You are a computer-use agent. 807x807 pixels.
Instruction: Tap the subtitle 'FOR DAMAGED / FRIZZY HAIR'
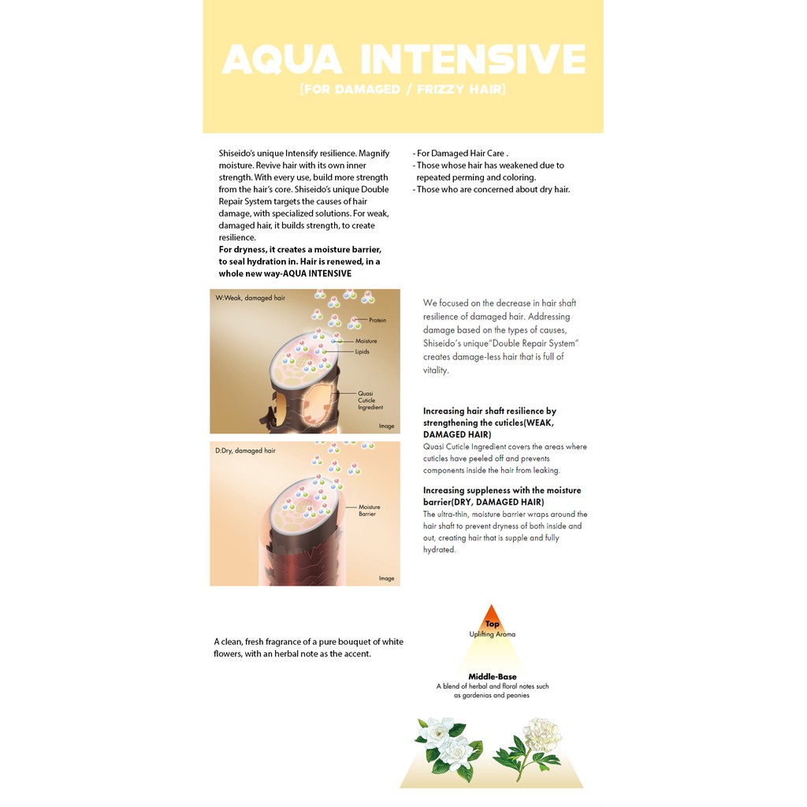403,89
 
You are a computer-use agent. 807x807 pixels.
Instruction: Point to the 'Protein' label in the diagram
377,320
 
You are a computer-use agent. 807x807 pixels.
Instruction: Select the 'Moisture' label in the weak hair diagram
366,340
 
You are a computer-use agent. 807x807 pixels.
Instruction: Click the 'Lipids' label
362,351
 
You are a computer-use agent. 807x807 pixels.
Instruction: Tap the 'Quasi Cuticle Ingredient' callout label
370,400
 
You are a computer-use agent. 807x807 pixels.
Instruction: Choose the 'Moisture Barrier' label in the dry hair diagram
369,510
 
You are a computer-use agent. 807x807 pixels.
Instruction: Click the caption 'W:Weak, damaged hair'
250,298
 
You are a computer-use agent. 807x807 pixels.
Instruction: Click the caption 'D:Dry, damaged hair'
245,450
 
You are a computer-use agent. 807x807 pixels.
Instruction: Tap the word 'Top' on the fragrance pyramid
492,624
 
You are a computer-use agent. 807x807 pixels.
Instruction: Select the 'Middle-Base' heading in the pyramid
492,677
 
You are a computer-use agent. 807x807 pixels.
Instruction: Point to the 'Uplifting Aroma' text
492,634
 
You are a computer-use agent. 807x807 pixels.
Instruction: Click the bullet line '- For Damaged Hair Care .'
460,154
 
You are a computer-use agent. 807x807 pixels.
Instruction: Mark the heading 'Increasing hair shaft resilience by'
489,411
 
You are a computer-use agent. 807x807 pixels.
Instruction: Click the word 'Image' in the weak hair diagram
386,426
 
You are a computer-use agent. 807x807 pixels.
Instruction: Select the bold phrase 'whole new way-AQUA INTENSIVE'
285,273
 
